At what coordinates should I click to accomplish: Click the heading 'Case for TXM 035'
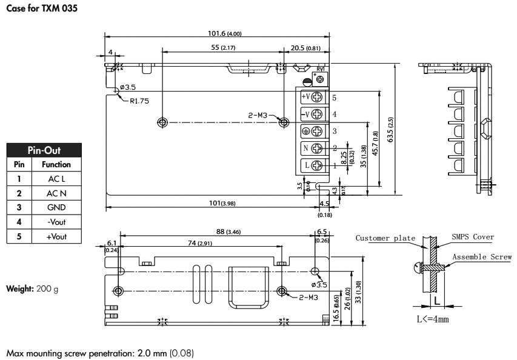[42, 9]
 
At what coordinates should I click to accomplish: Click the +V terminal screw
[317, 96]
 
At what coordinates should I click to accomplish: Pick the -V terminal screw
[317, 113]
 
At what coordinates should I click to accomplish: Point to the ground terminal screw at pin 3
[317, 130]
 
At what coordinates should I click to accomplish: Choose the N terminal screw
[317, 148]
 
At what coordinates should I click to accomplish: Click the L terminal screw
[317, 165]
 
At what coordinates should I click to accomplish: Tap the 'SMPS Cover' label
[472, 237]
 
